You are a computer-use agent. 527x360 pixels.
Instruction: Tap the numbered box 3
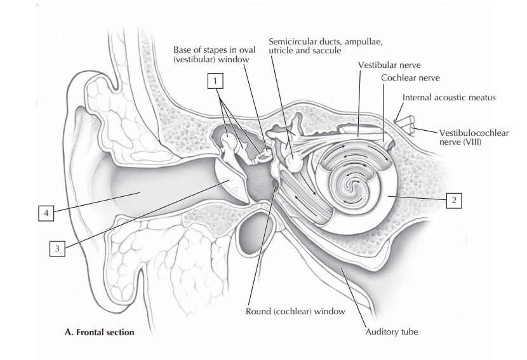coord(57,249)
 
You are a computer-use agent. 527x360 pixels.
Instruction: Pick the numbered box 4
coord(45,214)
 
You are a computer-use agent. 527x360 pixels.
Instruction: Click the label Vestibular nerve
coord(389,65)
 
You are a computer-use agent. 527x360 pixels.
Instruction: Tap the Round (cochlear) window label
coord(295,312)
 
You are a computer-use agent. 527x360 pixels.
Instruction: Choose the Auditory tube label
coord(392,331)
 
